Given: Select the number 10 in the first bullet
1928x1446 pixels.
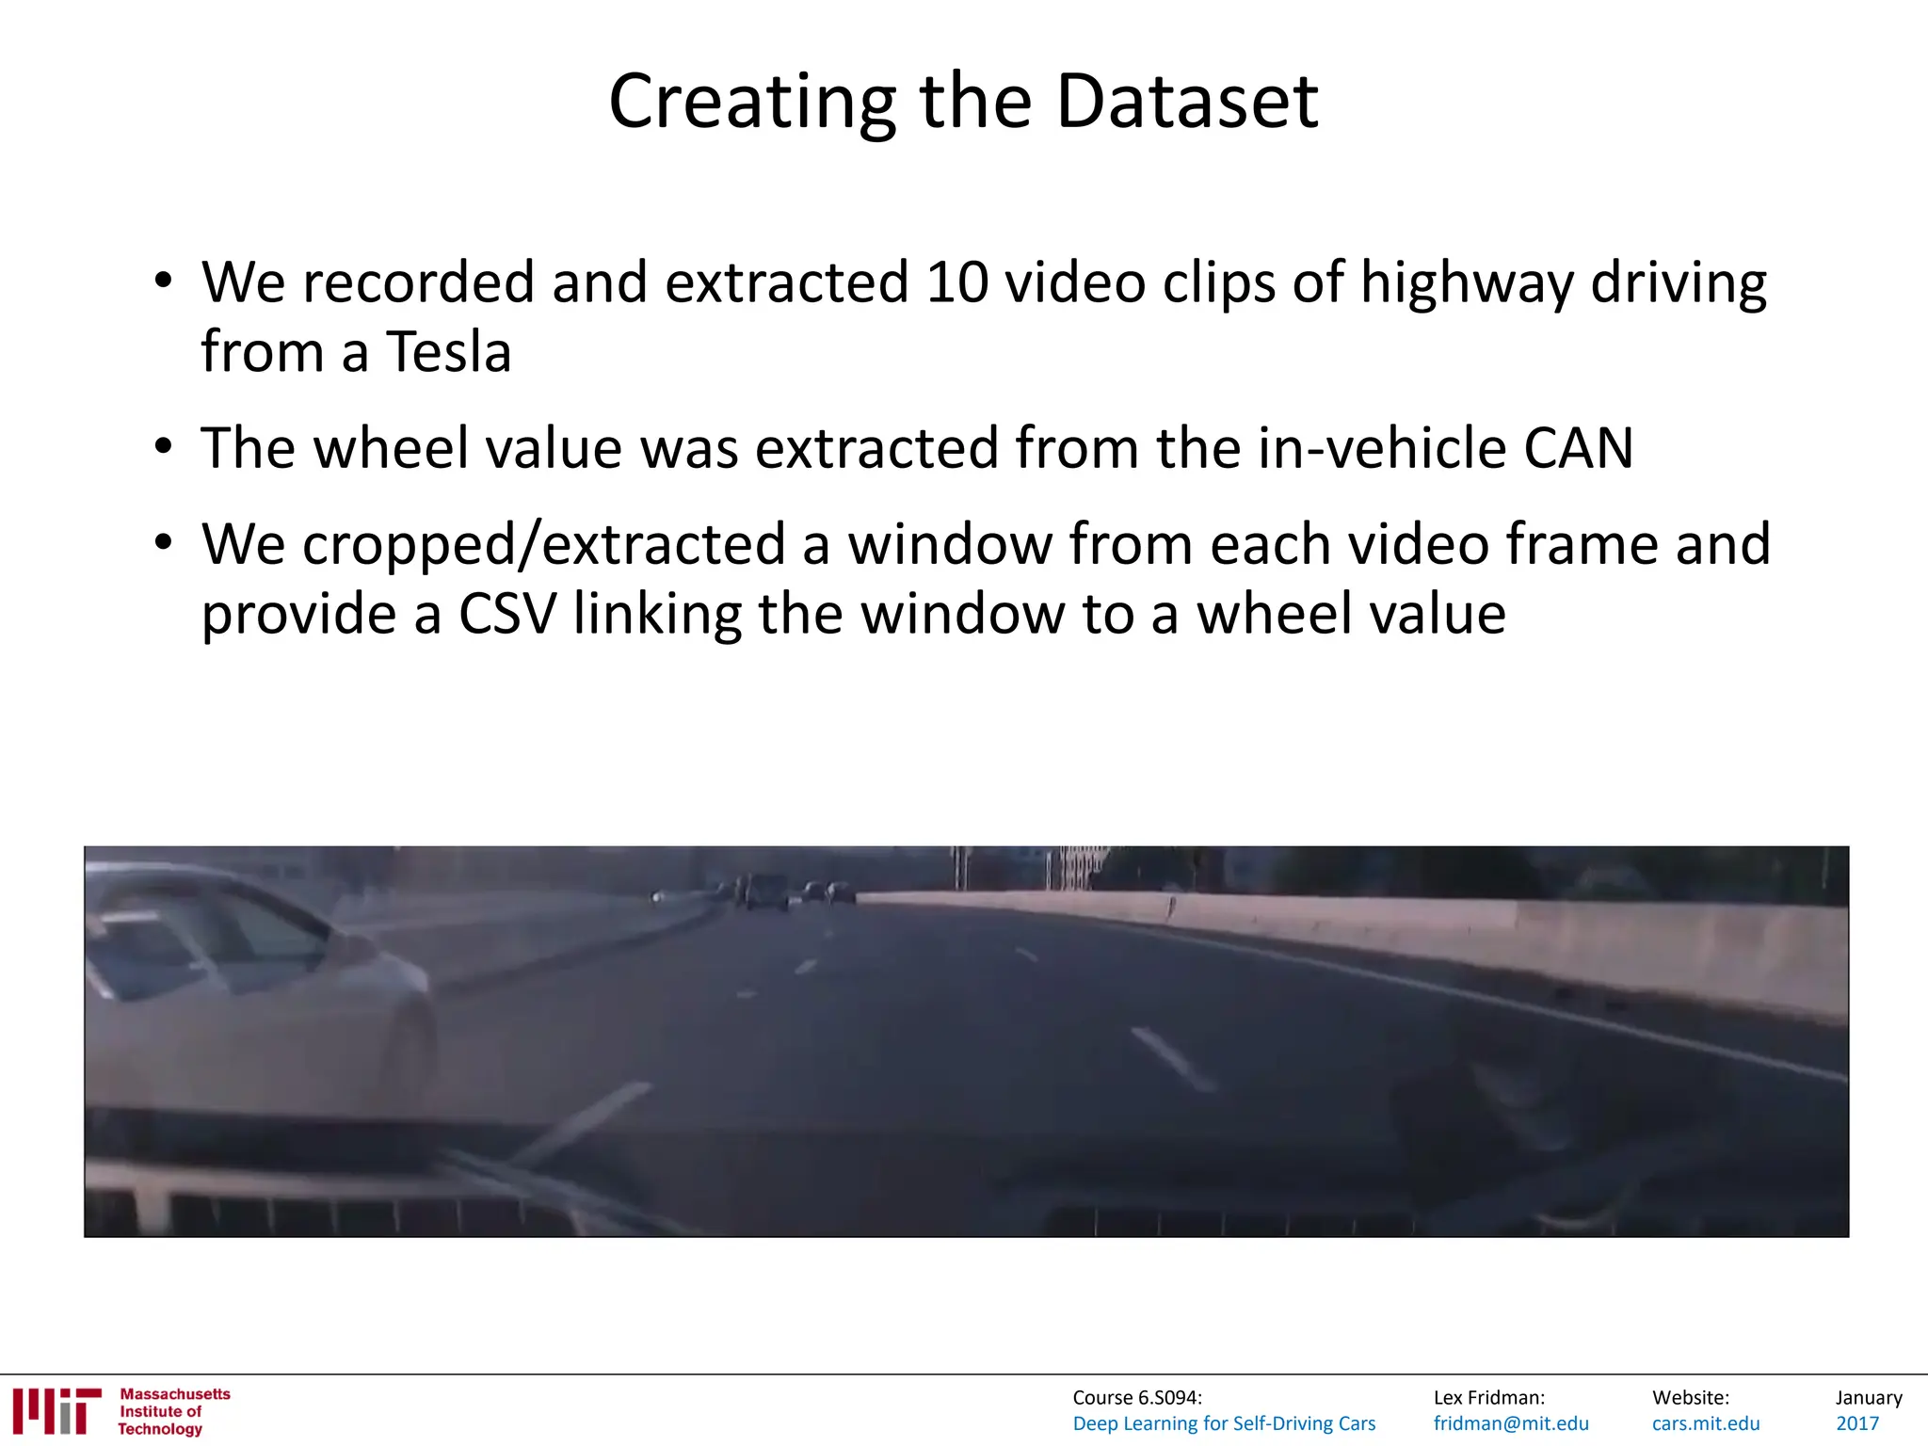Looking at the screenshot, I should tap(956, 281).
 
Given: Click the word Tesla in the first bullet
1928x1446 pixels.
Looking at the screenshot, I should tap(449, 352).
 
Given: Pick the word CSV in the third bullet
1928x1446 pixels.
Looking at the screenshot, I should tap(507, 614).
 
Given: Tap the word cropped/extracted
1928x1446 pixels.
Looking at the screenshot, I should tap(543, 545).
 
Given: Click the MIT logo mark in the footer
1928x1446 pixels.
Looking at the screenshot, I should tap(56, 1410).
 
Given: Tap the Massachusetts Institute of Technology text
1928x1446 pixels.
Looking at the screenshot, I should tap(174, 1411).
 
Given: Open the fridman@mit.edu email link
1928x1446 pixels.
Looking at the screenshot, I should tap(1511, 1423).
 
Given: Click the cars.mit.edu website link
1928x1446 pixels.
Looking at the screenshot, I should tap(1706, 1423).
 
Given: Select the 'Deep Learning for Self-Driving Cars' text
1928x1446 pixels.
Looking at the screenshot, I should tap(1224, 1423).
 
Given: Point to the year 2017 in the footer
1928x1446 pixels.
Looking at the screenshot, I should tap(1857, 1423).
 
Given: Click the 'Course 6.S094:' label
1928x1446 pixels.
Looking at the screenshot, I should tap(1137, 1398).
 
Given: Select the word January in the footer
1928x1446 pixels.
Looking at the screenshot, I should tap(1869, 1398).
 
